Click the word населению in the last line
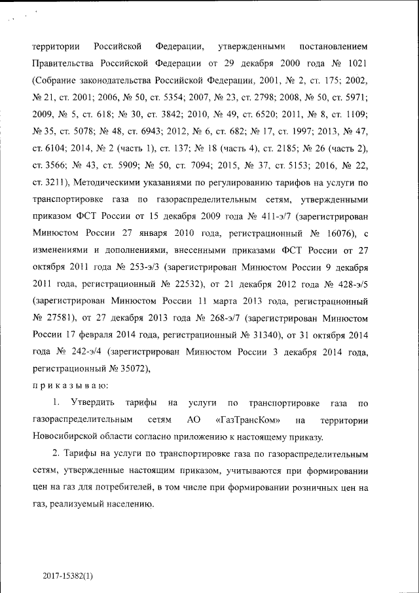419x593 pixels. point(129,505)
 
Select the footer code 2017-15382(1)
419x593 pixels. point(69,576)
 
